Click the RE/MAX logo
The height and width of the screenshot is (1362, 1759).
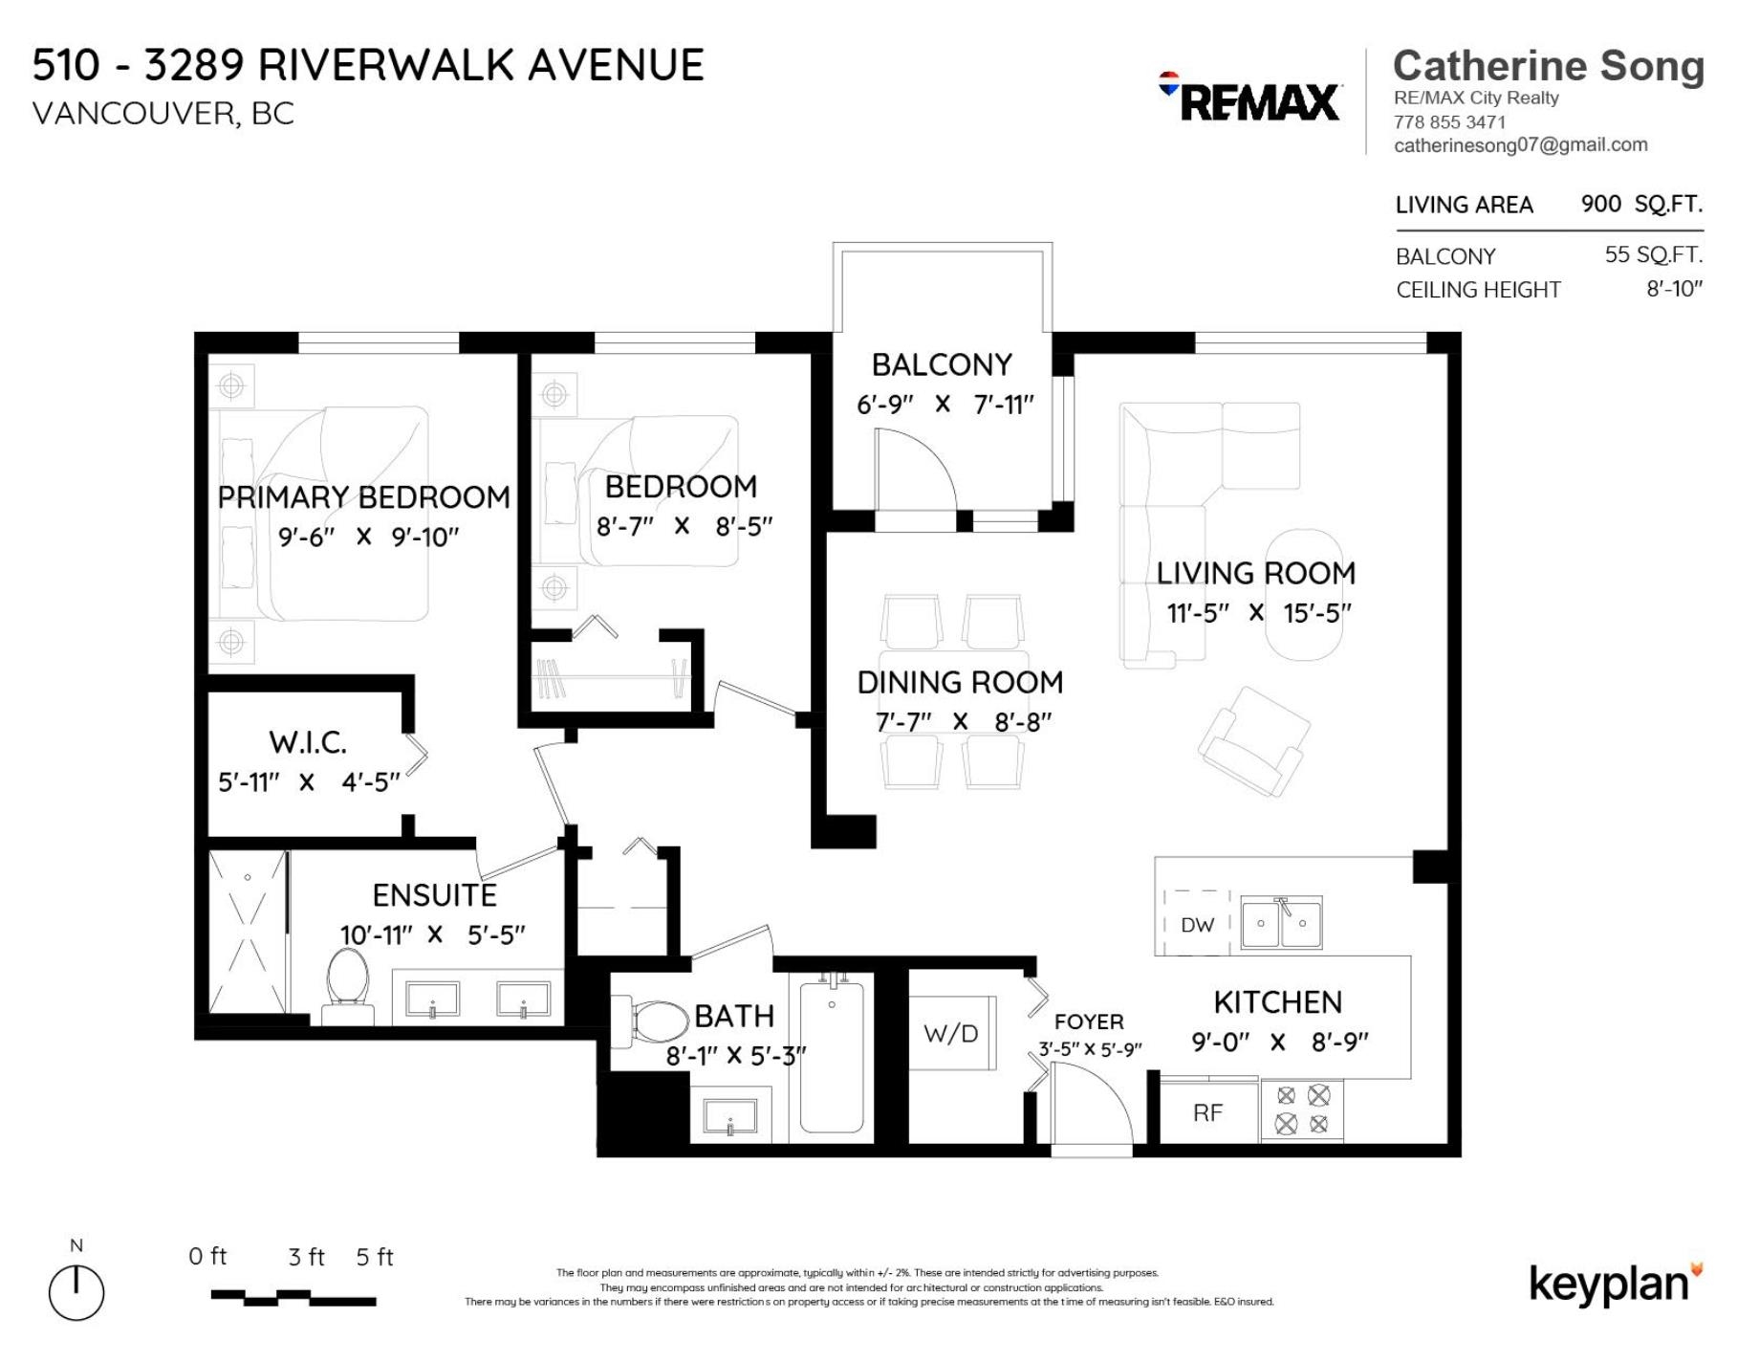[1249, 98]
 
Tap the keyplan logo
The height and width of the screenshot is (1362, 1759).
[1616, 1284]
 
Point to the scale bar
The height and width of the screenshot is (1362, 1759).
[293, 1297]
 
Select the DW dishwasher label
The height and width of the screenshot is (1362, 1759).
[1197, 925]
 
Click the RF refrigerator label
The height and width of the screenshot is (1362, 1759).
[1207, 1112]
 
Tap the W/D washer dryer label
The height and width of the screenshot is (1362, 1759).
[950, 1033]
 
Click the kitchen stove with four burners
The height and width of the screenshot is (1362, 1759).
[1302, 1109]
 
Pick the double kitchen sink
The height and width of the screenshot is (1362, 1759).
[1281, 923]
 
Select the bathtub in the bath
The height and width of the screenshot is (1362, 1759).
[832, 1057]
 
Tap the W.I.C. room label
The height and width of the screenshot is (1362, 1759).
[307, 742]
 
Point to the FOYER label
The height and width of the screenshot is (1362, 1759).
[1089, 1021]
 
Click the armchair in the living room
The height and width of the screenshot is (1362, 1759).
[1254, 740]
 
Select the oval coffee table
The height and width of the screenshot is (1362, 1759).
[1304, 594]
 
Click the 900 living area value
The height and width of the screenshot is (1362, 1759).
[1600, 204]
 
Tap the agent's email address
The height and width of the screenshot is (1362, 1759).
[1521, 145]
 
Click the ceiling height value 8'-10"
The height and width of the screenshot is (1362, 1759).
[1674, 289]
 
